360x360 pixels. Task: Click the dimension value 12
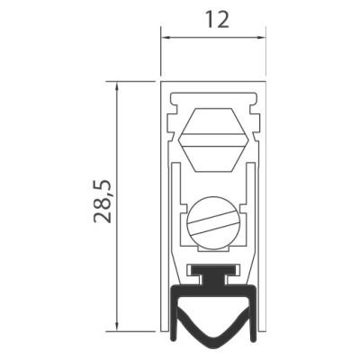pyautogui.click(x=218, y=20)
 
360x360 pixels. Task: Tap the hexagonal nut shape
pyautogui.click(x=213, y=139)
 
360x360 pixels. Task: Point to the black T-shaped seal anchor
pyautogui.click(x=213, y=274)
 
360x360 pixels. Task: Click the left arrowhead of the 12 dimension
pyautogui.click(x=166, y=38)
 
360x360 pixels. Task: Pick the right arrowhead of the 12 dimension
pyautogui.click(x=261, y=38)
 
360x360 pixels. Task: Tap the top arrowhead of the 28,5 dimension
pyautogui.click(x=117, y=87)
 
